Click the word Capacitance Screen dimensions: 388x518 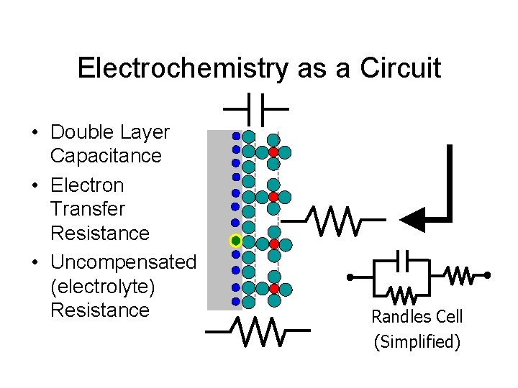click(x=106, y=156)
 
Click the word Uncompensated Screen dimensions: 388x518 click(x=123, y=262)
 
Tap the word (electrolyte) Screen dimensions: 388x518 click(x=101, y=286)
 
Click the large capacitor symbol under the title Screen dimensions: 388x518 click(x=255, y=109)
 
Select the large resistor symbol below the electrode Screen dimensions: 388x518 click(x=257, y=331)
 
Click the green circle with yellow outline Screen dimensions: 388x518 click(x=235, y=240)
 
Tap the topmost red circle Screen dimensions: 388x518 click(x=273, y=152)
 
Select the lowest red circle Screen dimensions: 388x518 click(x=273, y=289)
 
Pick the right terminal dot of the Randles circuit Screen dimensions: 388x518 click(x=487, y=275)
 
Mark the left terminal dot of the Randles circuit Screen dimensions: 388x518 click(x=350, y=277)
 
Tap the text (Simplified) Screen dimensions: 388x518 click(x=417, y=341)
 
